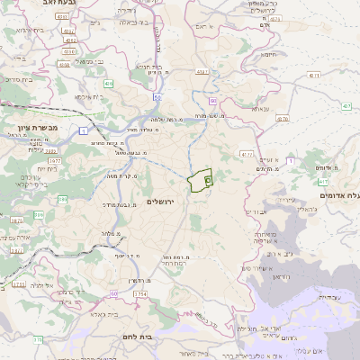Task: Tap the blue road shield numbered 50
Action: pyautogui.click(x=157, y=97)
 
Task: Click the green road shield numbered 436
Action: pyautogui.click(x=108, y=84)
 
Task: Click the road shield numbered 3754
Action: pyautogui.click(x=139, y=294)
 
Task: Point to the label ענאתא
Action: pyautogui.click(x=261, y=109)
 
